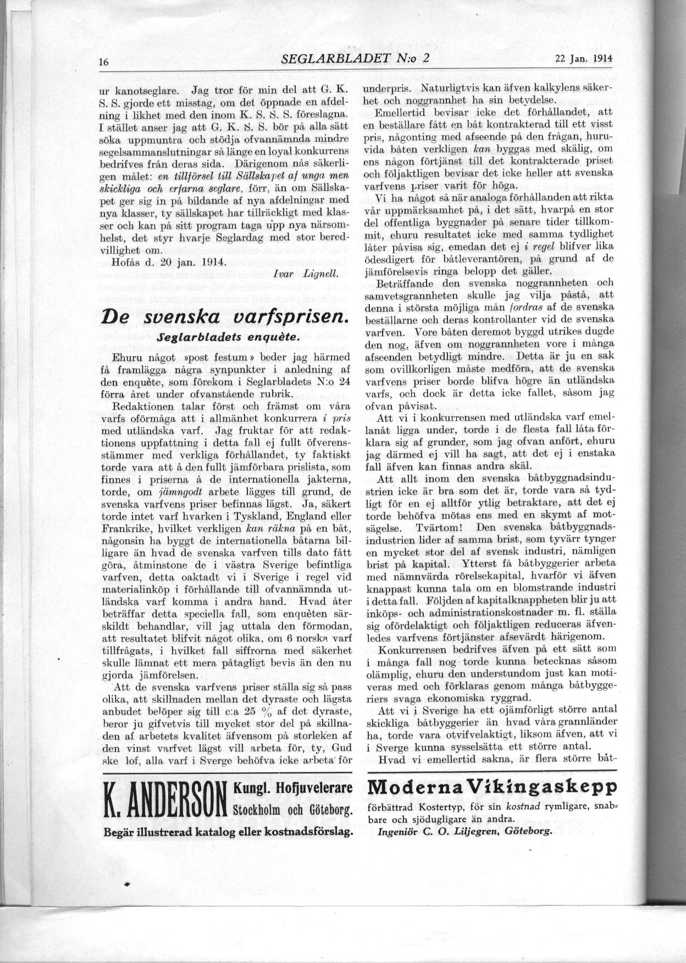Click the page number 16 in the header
point(103,62)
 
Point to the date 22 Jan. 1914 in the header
point(583,59)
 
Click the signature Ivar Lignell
point(305,273)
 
